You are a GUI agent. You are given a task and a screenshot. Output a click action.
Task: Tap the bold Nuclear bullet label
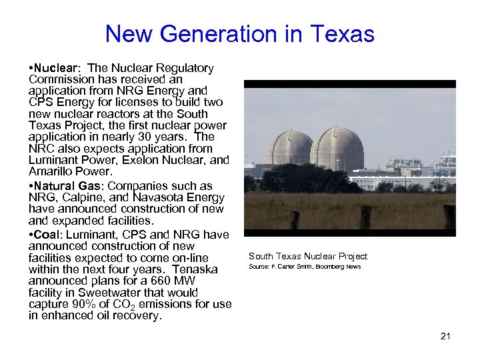[56, 68]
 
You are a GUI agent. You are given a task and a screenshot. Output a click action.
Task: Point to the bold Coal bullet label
[46, 235]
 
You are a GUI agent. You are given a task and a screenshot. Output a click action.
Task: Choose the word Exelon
[136, 161]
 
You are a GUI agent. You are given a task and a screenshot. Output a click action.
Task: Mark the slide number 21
[445, 336]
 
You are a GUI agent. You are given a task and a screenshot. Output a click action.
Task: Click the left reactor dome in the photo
[289, 147]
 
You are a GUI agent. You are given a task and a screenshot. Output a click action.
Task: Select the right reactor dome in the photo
[337, 147]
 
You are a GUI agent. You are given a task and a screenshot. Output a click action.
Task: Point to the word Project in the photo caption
[352, 257]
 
